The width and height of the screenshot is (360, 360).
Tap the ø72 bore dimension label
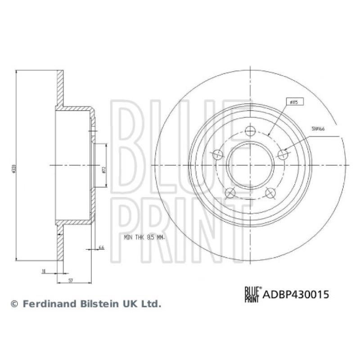[103, 170]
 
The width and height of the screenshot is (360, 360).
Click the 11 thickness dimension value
[43, 271]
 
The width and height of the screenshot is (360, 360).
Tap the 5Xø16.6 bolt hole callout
[317, 129]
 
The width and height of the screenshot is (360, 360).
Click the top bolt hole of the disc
[250, 131]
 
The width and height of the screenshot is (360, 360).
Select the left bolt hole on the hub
[217, 154]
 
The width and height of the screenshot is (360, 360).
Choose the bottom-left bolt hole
[230, 193]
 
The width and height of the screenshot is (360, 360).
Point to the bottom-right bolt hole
[270, 193]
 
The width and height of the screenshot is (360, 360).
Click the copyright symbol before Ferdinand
[14, 305]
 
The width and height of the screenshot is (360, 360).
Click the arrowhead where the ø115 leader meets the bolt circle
[268, 135]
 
